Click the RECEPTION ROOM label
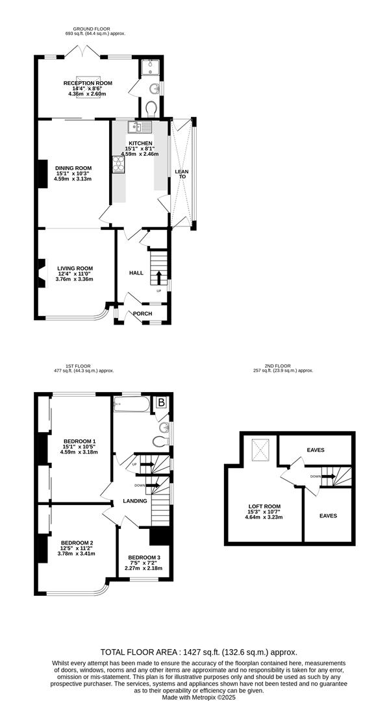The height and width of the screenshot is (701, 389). coord(88,83)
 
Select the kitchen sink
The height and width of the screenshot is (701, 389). coord(140,127)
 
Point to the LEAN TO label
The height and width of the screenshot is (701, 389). coord(182,174)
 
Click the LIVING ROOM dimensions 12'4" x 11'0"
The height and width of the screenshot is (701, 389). coord(75,274)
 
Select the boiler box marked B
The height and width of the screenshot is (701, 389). coord(162,402)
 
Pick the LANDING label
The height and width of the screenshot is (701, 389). coord(135,501)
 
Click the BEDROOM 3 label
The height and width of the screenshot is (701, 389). coord(144,558)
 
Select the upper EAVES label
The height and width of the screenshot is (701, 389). coord(316,450)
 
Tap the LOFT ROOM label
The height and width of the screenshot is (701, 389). coord(263,506)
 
